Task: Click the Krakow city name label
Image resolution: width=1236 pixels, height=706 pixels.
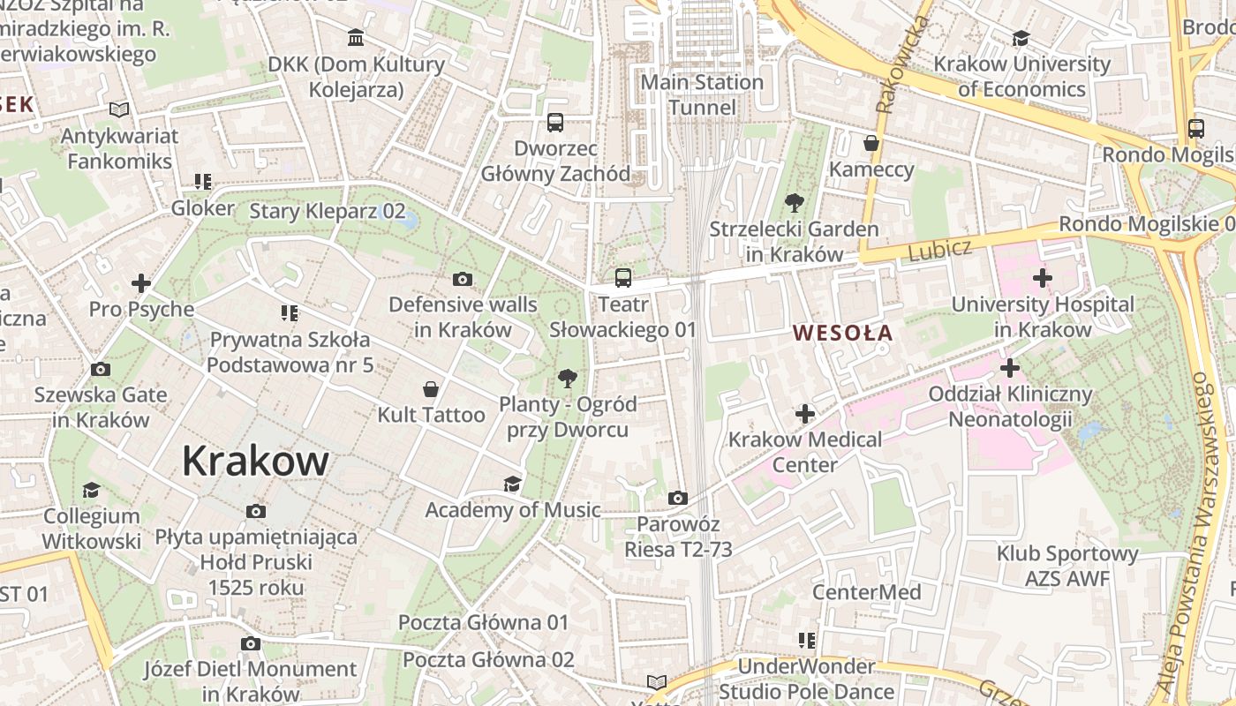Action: click(x=255, y=461)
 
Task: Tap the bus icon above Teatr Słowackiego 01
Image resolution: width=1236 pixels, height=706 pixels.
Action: click(x=623, y=278)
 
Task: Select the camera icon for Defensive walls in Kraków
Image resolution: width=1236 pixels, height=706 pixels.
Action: click(x=462, y=280)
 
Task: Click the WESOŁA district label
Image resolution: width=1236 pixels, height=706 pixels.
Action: click(x=842, y=334)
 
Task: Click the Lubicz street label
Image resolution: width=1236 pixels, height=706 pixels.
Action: click(x=939, y=250)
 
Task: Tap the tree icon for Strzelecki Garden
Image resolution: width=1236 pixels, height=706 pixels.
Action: click(x=795, y=203)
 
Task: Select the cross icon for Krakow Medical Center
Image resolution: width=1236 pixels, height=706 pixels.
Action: click(x=805, y=413)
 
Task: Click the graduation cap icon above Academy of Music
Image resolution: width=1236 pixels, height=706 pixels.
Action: click(x=512, y=484)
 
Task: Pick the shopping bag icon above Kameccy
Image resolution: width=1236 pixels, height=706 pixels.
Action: click(x=871, y=143)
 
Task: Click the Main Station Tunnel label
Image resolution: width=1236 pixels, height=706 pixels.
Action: click(x=702, y=94)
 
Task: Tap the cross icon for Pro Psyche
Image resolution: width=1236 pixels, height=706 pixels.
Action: click(x=141, y=283)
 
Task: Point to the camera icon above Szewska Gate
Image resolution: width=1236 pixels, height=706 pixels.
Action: click(x=101, y=369)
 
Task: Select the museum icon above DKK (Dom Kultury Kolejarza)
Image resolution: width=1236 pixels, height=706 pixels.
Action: click(x=356, y=38)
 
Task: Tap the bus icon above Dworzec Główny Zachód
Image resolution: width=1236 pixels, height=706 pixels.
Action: click(x=555, y=123)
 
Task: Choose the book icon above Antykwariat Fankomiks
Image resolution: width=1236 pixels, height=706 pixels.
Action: click(x=119, y=110)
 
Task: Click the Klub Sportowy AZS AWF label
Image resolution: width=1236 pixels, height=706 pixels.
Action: click(x=1067, y=566)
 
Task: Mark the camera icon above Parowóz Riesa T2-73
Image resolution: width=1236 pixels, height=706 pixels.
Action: click(x=678, y=499)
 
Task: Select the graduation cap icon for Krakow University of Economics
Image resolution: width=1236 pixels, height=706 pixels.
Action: click(x=1021, y=38)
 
